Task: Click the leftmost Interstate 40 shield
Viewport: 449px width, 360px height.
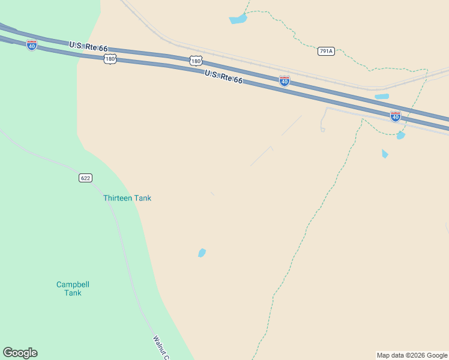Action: pos(32,45)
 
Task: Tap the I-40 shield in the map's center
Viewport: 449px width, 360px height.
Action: pos(285,81)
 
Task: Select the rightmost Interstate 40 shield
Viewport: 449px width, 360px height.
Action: pos(395,116)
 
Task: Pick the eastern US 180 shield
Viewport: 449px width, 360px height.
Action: pos(196,61)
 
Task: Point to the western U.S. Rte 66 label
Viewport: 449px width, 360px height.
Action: pos(88,47)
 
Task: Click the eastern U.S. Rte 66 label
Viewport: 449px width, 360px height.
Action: pos(223,77)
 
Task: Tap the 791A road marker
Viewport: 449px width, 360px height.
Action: pos(326,52)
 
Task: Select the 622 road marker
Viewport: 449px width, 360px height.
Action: pos(86,178)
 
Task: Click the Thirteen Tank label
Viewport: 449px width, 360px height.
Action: pos(127,198)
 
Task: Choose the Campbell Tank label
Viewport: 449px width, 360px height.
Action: pos(73,289)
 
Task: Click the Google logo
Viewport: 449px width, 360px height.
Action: pos(20,353)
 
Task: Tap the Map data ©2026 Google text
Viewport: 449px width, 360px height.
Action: pos(412,355)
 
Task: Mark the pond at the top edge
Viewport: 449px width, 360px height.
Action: pos(238,19)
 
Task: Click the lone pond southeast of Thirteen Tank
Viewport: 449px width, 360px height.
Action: pos(202,253)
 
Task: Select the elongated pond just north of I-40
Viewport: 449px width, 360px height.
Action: pos(382,96)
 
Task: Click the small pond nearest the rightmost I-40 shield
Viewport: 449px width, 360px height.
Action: pos(401,136)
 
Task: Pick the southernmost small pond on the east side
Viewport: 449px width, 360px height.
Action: pos(385,154)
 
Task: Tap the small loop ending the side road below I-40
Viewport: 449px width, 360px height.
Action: pos(322,129)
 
